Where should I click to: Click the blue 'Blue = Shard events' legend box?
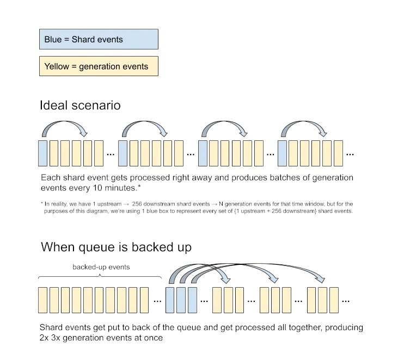coord(99,39)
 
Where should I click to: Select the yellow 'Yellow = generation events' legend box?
coord(99,66)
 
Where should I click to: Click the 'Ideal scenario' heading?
coord(80,105)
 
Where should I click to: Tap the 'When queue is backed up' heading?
coord(116,247)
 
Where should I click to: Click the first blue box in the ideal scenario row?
coord(43,153)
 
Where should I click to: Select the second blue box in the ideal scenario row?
coord(123,153)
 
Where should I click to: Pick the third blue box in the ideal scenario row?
coord(203,153)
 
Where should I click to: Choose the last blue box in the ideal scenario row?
coord(282,153)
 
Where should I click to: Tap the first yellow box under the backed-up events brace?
coord(43,300)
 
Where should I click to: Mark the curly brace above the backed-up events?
coord(100,277)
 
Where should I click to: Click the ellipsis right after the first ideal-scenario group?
coord(111,154)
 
